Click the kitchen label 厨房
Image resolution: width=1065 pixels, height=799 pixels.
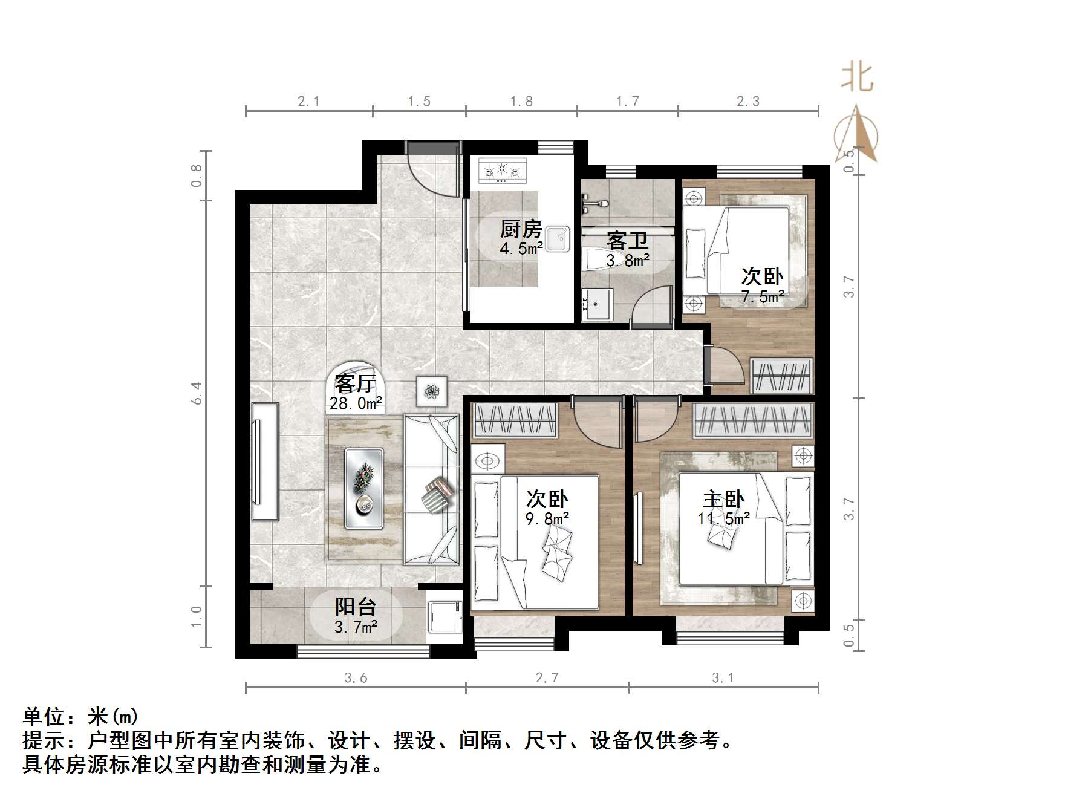click(x=521, y=229)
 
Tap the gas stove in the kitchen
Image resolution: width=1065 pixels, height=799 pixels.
click(x=502, y=171)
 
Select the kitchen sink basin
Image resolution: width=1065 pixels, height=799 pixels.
click(x=556, y=239)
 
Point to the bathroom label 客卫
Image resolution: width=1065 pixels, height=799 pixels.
click(x=627, y=241)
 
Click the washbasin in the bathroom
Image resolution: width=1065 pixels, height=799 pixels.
click(x=598, y=304)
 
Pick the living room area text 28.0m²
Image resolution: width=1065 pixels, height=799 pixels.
click(x=356, y=403)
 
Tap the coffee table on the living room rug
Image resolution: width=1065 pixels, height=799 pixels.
click(x=364, y=488)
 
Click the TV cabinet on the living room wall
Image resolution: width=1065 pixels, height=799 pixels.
click(x=265, y=461)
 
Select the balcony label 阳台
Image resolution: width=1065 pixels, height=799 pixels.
click(x=356, y=607)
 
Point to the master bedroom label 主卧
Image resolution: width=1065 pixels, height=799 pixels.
click(x=723, y=500)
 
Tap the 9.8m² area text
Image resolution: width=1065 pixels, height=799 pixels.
click(x=547, y=519)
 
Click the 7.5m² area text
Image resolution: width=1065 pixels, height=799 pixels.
click(x=763, y=296)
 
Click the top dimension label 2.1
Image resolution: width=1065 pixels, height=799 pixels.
click(x=308, y=102)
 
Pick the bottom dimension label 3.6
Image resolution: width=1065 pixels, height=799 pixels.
click(x=356, y=678)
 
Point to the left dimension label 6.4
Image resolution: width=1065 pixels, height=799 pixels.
click(x=197, y=393)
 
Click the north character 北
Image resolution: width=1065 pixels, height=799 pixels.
click(x=857, y=77)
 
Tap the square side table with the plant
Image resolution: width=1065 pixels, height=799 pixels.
click(x=432, y=391)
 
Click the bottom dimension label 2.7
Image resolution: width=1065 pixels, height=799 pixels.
click(x=547, y=678)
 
